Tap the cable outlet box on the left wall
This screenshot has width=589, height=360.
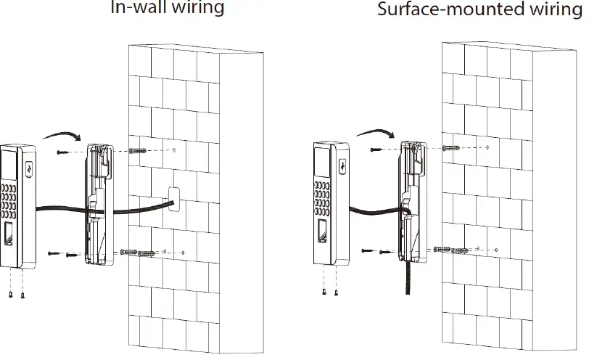(x=174, y=199)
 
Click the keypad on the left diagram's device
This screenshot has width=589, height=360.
(x=8, y=200)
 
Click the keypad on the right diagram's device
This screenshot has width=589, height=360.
(x=322, y=198)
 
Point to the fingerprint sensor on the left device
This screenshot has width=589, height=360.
(x=8, y=234)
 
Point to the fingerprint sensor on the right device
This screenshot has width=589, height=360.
(x=322, y=232)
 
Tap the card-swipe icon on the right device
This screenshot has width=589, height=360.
(x=342, y=165)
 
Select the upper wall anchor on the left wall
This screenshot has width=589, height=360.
(x=138, y=151)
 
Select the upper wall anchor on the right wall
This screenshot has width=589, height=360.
(x=450, y=148)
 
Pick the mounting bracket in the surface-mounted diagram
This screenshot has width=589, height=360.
(x=413, y=202)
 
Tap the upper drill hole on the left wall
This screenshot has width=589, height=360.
(x=174, y=150)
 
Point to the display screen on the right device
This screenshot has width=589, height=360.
(x=322, y=163)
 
